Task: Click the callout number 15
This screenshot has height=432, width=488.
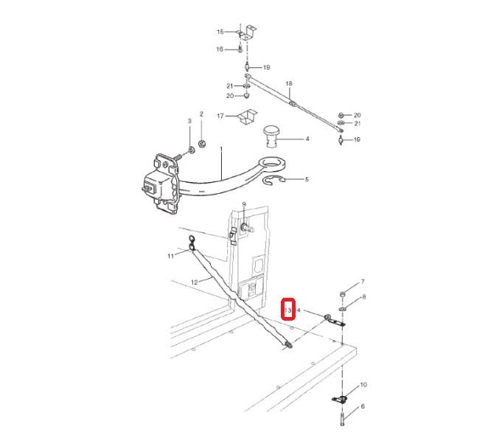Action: click(220, 32)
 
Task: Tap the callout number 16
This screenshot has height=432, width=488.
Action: click(220, 49)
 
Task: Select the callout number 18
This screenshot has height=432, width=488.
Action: click(289, 83)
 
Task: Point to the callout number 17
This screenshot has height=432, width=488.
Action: click(220, 116)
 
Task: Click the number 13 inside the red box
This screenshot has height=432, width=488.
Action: click(287, 310)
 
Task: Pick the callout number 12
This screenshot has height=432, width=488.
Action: click(194, 282)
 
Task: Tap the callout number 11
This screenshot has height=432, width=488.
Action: click(170, 256)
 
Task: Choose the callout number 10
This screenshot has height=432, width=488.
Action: click(363, 385)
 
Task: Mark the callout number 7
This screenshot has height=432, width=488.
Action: click(363, 282)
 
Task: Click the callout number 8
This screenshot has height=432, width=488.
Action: click(364, 297)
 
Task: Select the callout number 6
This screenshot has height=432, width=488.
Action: click(363, 406)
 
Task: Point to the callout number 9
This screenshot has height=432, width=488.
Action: click(244, 204)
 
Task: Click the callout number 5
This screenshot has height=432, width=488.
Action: click(307, 179)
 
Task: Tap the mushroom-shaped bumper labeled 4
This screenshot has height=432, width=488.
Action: click(272, 136)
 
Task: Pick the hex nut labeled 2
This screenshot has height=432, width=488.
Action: click(201, 144)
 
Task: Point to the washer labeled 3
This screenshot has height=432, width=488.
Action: click(191, 150)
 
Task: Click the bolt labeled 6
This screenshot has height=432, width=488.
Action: click(342, 419)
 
